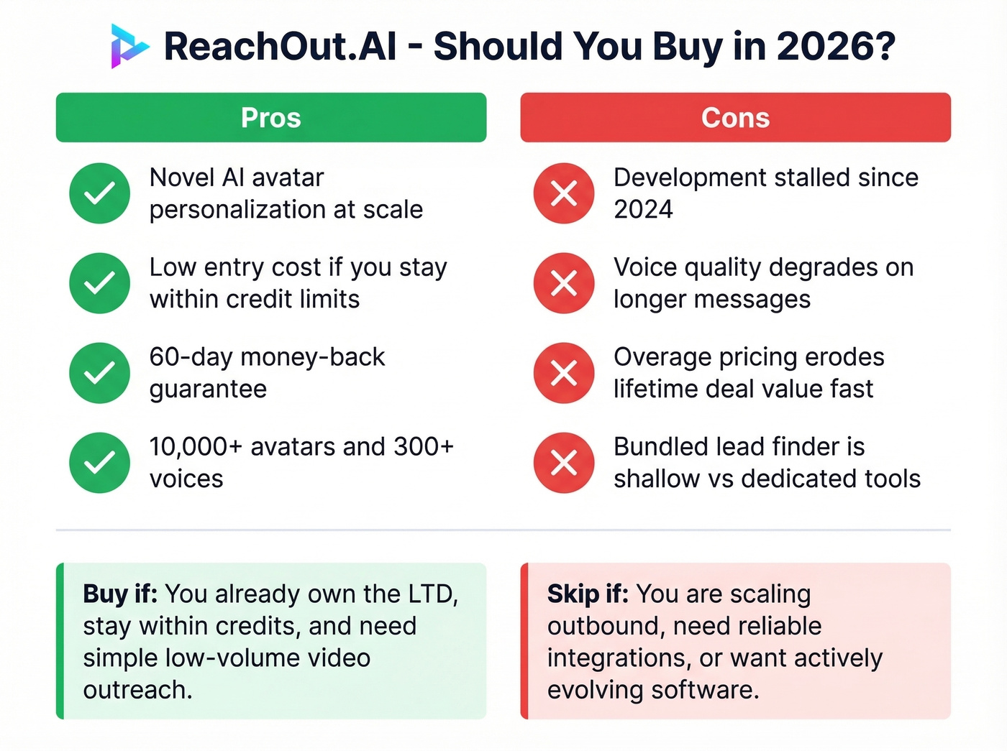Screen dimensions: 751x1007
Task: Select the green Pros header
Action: coord(271,117)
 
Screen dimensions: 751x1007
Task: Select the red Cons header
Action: coord(735,117)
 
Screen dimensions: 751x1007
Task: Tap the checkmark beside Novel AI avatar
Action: coord(99,193)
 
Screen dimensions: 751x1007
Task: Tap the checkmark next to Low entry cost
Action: coord(99,283)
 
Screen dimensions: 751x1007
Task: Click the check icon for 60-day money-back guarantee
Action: coord(99,373)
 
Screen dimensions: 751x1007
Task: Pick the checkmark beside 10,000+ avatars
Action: coord(99,463)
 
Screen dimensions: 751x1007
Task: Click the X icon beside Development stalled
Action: coord(564,193)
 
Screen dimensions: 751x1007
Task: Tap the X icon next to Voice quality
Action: coord(564,283)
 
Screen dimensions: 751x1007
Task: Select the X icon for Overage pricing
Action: coord(564,373)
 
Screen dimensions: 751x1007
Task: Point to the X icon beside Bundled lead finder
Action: coord(564,463)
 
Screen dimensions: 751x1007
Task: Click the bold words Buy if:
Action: coord(120,594)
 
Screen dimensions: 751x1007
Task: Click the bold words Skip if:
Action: coord(588,594)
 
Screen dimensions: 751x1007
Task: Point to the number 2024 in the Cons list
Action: coord(643,210)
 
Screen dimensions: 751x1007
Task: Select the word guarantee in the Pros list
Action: coord(208,390)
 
